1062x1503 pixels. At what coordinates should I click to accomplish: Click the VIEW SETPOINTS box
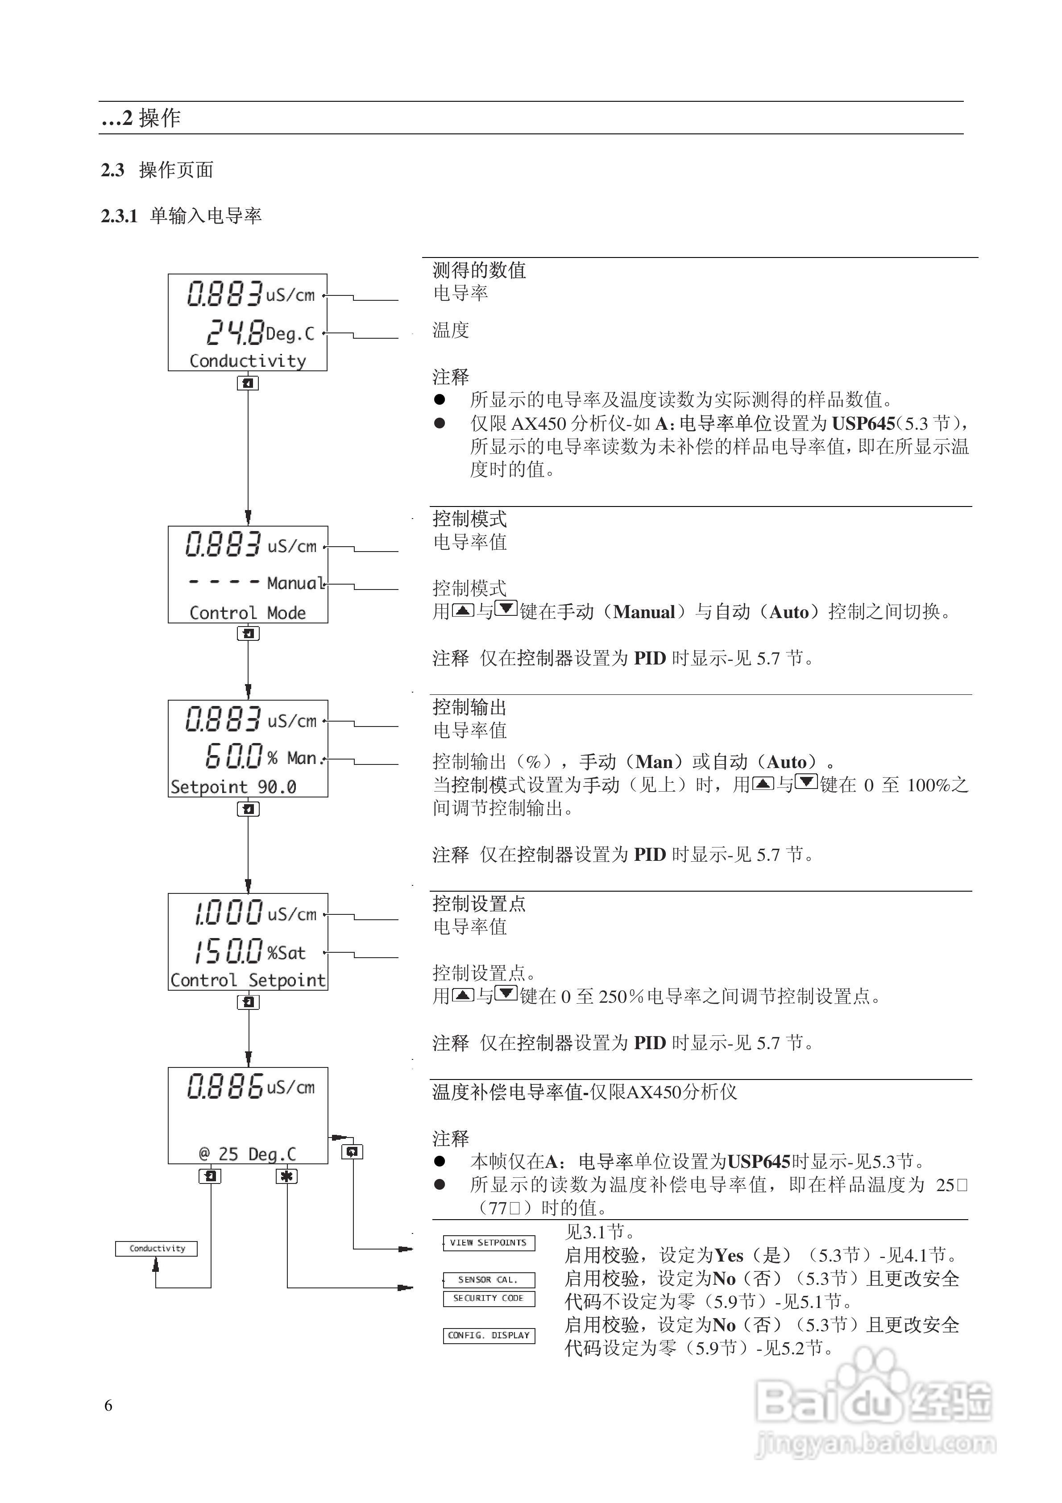[x=489, y=1242]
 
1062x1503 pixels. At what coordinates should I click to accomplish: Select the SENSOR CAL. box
[x=489, y=1279]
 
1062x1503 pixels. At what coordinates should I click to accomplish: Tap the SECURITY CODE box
[x=489, y=1298]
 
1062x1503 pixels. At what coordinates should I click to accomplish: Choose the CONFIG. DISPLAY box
[x=489, y=1335]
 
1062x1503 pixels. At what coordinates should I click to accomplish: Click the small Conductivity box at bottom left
[x=157, y=1248]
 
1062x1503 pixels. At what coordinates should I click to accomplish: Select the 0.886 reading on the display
[x=225, y=1086]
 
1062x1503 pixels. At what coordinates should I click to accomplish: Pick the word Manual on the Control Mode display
[x=295, y=583]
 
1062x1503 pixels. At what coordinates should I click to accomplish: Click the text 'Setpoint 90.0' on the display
[x=233, y=787]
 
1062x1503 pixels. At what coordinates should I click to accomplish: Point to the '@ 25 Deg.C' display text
[x=248, y=1154]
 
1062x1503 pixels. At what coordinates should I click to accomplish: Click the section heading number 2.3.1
[x=119, y=216]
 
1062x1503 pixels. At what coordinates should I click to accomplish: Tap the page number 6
[x=109, y=1405]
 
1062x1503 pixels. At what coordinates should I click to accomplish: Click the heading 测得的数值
[x=479, y=270]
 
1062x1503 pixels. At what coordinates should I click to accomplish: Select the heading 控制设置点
[x=479, y=904]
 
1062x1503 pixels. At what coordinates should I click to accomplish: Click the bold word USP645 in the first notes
[x=863, y=423]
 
